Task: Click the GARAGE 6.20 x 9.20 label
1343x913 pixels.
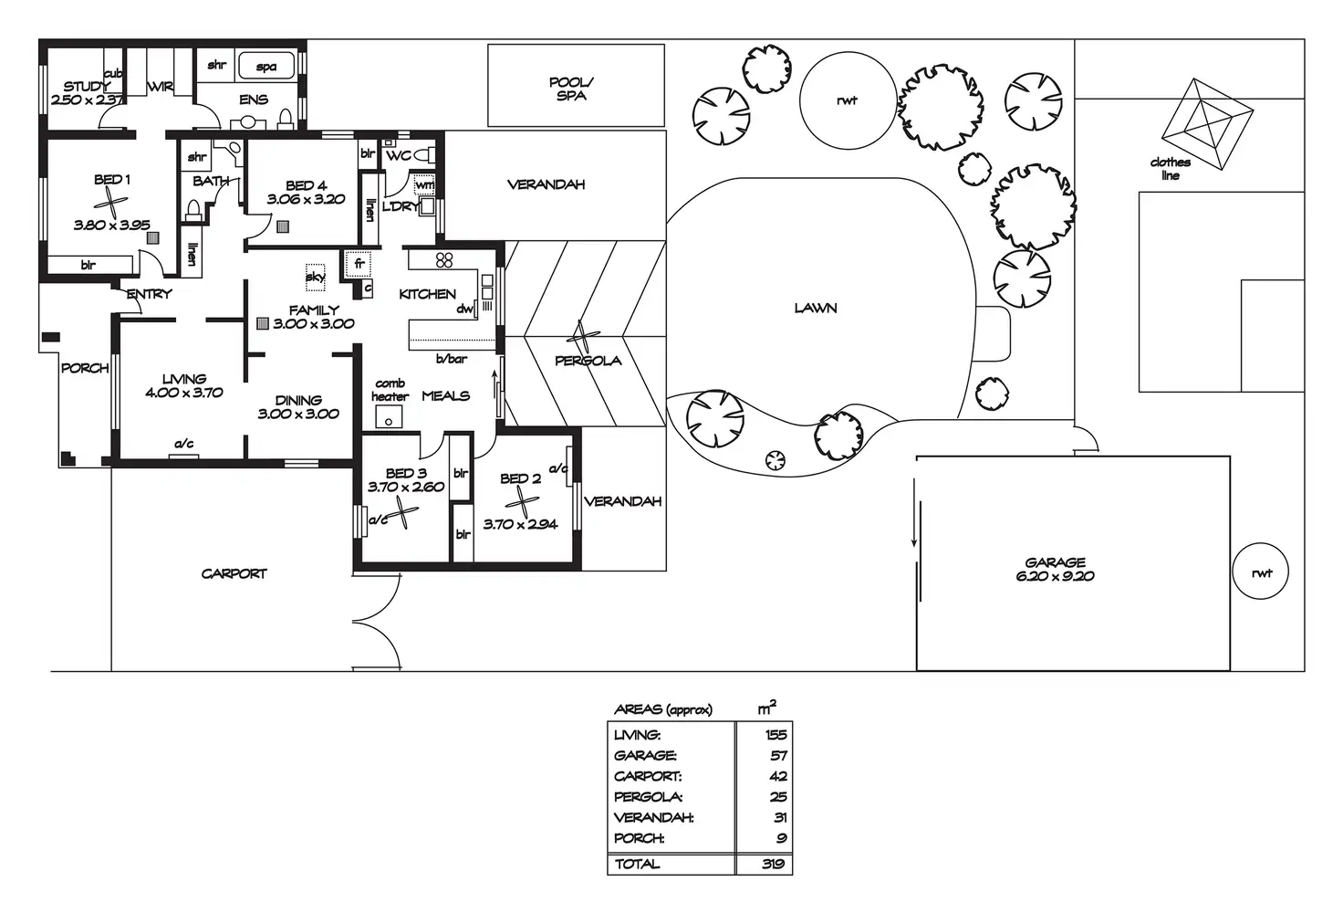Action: tap(1055, 570)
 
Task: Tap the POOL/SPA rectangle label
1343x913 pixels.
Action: tap(571, 89)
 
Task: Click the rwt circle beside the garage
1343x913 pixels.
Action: tap(1261, 573)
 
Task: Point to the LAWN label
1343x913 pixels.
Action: tap(815, 309)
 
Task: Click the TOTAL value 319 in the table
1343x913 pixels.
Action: tap(774, 864)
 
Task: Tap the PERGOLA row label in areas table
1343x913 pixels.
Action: tap(648, 797)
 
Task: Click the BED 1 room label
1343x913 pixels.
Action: tap(112, 180)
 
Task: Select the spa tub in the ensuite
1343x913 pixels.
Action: tap(266, 67)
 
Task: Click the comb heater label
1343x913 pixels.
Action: tap(390, 390)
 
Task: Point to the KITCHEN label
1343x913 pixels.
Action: tap(427, 294)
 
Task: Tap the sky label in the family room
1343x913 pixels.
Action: tap(315, 277)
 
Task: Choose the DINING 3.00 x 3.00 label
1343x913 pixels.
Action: tap(298, 406)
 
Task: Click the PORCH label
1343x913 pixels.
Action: tap(85, 369)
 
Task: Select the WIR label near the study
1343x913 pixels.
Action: tap(161, 88)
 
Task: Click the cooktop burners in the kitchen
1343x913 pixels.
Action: tap(444, 260)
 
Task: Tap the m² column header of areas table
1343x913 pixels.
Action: tap(767, 708)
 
